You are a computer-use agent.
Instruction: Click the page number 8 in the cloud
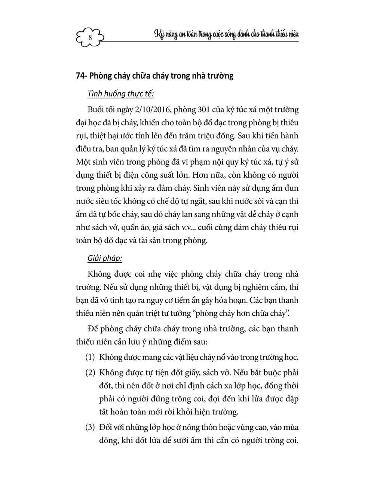tap(90, 37)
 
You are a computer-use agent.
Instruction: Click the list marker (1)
tap(90, 357)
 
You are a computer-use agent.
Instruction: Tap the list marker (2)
tap(90, 373)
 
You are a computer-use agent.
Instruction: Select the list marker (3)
tap(90, 427)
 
